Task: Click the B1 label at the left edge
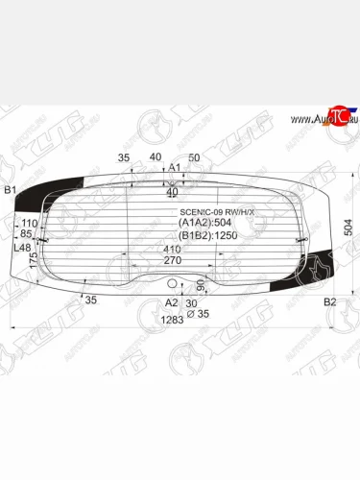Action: coord(11,190)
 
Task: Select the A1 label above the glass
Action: coord(175,168)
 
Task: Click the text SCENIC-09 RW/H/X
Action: coord(217,212)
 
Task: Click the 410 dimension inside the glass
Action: coord(172,249)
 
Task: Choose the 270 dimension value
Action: coord(172,260)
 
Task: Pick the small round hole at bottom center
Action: coord(174,284)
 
